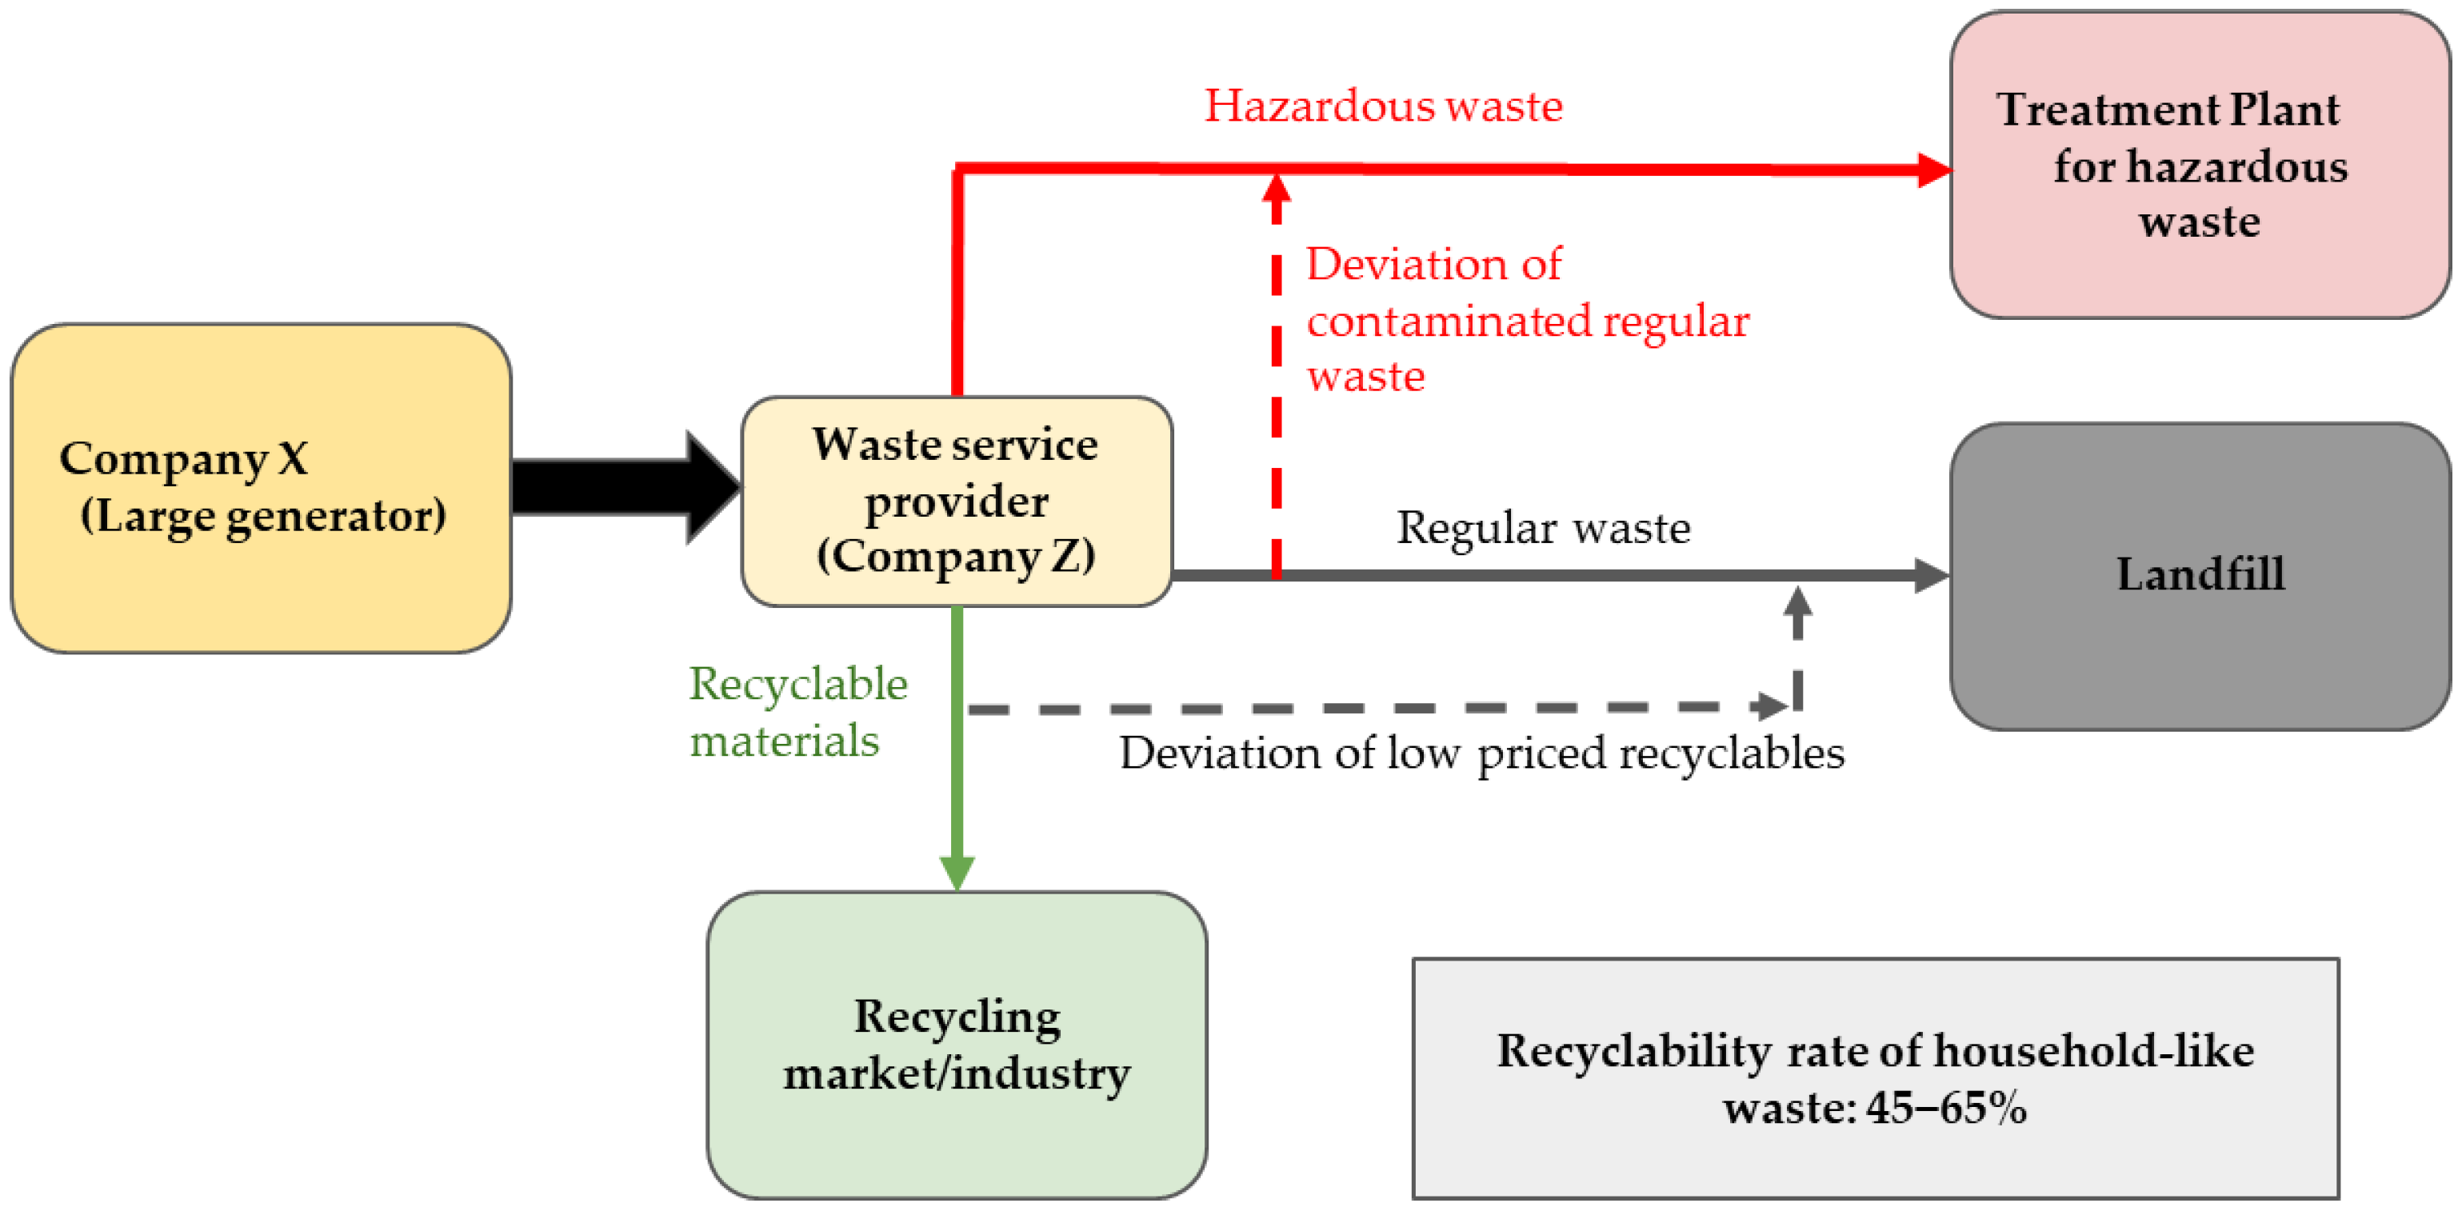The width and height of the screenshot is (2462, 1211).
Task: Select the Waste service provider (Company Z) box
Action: tap(956, 501)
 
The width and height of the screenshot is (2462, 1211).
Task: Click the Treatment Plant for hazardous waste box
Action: tap(2198, 165)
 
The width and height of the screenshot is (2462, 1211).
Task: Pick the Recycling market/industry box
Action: tap(956, 1045)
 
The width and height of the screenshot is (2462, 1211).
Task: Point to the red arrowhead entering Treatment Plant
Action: tap(1932, 170)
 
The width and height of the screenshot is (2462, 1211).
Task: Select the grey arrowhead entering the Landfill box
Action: tap(1931, 575)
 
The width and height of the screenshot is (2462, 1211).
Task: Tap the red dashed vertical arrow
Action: tap(1276, 382)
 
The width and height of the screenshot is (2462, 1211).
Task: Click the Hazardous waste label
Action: tap(1383, 105)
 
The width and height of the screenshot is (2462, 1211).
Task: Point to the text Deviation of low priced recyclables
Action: tap(1481, 753)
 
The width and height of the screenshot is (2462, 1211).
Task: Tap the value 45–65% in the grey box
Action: tap(1945, 1108)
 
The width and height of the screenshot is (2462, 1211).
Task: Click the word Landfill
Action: tap(2200, 574)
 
